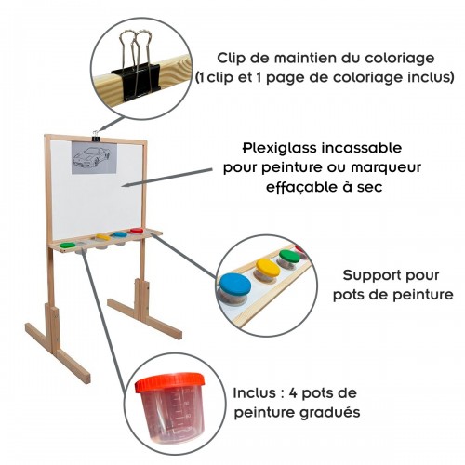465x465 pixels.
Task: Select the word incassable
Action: tap(368, 148)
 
